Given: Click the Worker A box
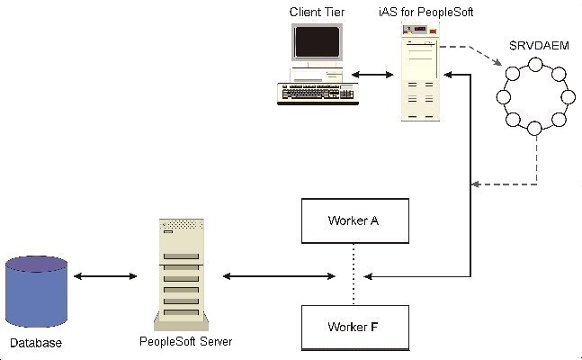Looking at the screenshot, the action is [x=355, y=221].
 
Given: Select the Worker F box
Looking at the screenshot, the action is [x=355, y=328].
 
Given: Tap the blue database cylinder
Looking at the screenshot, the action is [x=36, y=292].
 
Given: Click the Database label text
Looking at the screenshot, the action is [x=36, y=343].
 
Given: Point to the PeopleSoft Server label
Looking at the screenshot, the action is [x=186, y=341].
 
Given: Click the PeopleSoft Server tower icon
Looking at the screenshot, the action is [x=182, y=274].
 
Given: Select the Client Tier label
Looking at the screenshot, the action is [x=317, y=12].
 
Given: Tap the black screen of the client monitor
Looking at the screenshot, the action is [x=317, y=42].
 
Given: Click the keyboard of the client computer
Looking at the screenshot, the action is [x=318, y=94].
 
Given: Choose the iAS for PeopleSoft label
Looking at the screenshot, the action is [x=426, y=12].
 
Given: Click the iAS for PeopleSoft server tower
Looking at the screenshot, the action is [x=421, y=71].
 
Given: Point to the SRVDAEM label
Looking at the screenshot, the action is [x=540, y=46].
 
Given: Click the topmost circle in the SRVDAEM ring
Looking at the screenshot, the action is [x=535, y=65].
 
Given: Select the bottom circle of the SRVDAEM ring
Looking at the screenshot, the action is [x=534, y=128].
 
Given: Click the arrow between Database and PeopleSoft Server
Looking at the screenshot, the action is [x=105, y=276].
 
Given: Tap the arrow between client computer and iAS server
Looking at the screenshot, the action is [x=372, y=75].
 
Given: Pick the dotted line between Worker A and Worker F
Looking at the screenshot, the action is [x=354, y=274].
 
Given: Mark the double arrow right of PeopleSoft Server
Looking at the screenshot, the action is [x=279, y=276].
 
